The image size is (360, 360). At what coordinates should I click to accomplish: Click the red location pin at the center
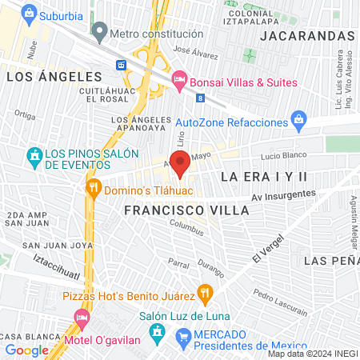pyautogui.click(x=181, y=162)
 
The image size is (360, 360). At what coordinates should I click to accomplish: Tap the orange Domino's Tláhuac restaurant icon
pyautogui.click(x=94, y=188)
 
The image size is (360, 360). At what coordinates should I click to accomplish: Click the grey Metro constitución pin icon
pyautogui.click(x=99, y=34)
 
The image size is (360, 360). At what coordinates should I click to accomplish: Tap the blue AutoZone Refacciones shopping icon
pyautogui.click(x=299, y=122)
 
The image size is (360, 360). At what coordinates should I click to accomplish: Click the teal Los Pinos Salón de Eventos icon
pyautogui.click(x=34, y=154)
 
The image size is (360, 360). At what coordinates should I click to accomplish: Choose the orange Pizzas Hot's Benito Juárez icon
pyautogui.click(x=205, y=293)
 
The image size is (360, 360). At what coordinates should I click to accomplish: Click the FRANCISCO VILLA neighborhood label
pyautogui.click(x=186, y=210)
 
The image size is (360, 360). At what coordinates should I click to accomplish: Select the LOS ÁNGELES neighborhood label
pyautogui.click(x=54, y=77)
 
